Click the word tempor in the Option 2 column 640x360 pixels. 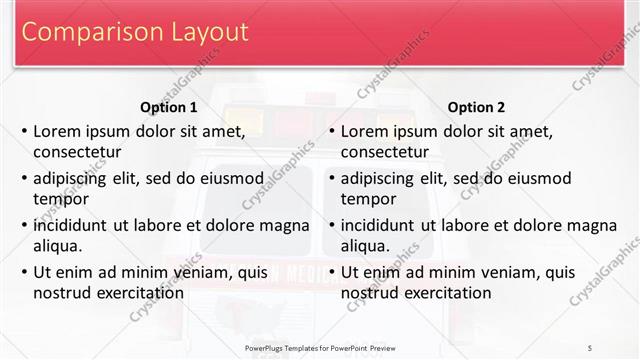click(369, 199)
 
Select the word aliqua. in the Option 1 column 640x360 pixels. click(59, 246)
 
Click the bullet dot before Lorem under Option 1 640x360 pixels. click(24, 132)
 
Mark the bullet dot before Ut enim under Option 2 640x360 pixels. click(332, 272)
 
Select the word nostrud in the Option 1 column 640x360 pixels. click(63, 293)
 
